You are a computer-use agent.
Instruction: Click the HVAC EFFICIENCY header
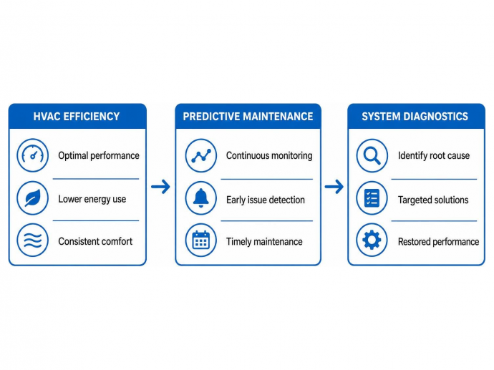click(77, 117)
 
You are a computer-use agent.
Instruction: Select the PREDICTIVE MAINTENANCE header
click(248, 117)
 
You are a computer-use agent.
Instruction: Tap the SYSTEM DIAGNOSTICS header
click(415, 117)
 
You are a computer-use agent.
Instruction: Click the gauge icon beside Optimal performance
click(33, 155)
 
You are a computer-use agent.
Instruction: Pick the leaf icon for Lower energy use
click(33, 198)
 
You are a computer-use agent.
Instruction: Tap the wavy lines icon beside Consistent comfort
click(33, 240)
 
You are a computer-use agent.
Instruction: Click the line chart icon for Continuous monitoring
click(201, 155)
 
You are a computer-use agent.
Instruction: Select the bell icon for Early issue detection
click(201, 198)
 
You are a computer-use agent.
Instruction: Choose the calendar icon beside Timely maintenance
click(201, 240)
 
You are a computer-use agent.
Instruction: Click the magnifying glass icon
click(372, 155)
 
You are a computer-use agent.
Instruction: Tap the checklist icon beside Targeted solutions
click(372, 198)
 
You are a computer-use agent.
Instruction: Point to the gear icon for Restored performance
click(372, 240)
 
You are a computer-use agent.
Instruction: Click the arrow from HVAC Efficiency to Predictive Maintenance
click(160, 187)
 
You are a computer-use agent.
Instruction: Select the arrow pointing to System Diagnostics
click(334, 187)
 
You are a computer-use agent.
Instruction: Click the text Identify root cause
click(434, 155)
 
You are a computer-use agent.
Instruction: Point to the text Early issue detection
click(266, 200)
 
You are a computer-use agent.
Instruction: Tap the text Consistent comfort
click(95, 241)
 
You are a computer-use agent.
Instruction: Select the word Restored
click(414, 242)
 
